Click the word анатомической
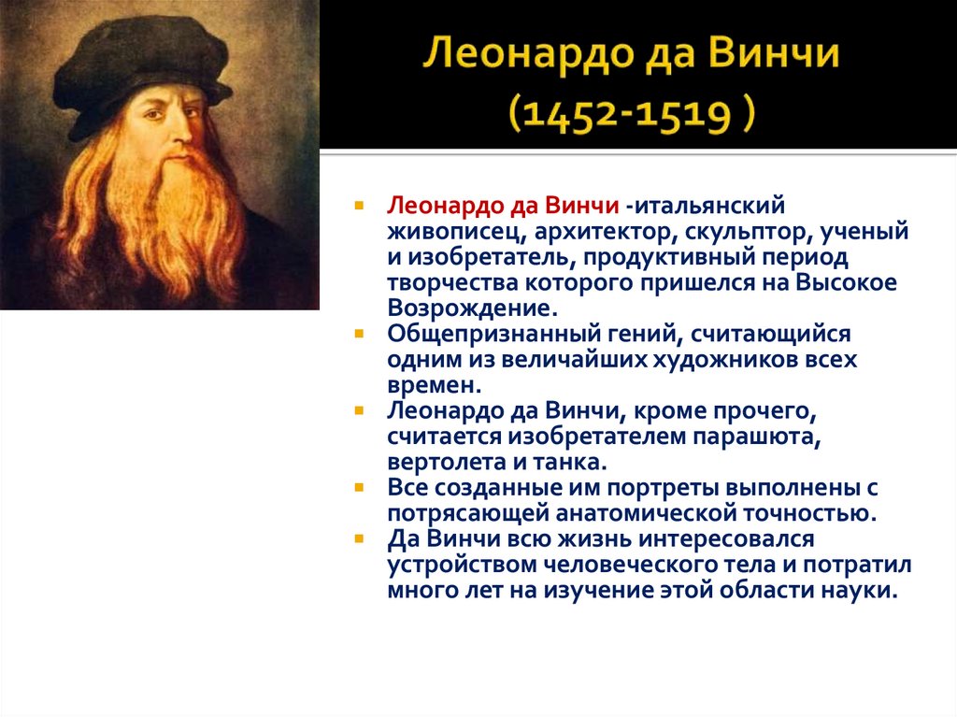click(652, 513)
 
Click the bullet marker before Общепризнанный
click(360, 334)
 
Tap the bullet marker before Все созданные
click(360, 488)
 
